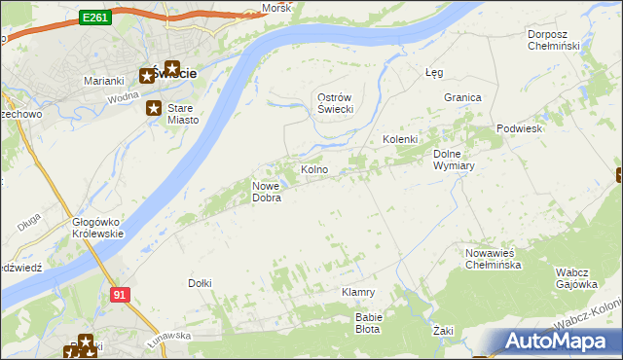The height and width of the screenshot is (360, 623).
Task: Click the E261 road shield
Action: tap(95, 18)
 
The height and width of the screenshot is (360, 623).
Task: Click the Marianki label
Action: tap(102, 81)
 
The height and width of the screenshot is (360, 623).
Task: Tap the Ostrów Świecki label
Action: tap(335, 103)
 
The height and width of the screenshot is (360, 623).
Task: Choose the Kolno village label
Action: tap(314, 170)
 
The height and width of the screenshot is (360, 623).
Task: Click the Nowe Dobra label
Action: tap(267, 192)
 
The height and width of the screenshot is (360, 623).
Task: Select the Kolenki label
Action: tap(399, 140)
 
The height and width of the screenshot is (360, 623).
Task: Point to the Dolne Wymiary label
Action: tap(453, 160)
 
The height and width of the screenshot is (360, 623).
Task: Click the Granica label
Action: tap(462, 98)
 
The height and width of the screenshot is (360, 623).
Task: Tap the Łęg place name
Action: tap(434, 72)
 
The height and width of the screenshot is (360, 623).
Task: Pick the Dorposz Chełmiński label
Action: tap(553, 40)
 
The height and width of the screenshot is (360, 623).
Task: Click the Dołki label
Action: tap(199, 283)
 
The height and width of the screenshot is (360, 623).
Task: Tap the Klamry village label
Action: tap(358, 292)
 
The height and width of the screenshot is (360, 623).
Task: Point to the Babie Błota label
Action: tap(369, 322)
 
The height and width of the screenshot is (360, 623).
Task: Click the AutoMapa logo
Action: tap(559, 342)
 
